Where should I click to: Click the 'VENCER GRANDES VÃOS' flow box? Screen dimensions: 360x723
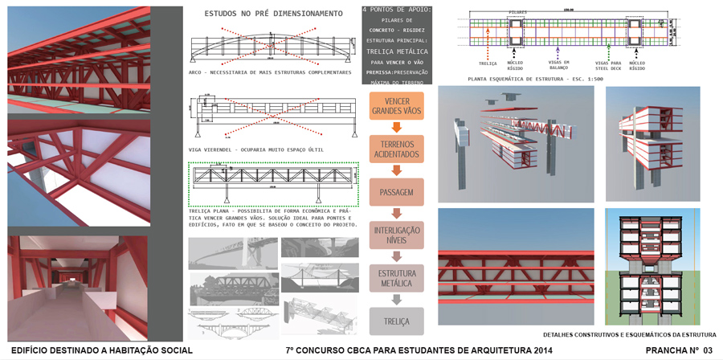pyautogui.click(x=397, y=106)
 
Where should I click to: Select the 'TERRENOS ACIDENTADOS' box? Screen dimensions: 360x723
pyautogui.click(x=397, y=149)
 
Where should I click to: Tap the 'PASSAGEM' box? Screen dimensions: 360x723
pyautogui.click(x=397, y=192)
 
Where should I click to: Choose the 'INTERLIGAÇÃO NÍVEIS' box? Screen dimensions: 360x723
pyautogui.click(x=397, y=235)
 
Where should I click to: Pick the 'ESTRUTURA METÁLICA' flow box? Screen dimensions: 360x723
pyautogui.click(x=397, y=278)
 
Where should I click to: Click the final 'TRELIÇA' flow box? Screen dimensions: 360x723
pyautogui.click(x=397, y=321)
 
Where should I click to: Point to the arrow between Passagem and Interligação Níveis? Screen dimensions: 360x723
pyautogui.click(x=397, y=213)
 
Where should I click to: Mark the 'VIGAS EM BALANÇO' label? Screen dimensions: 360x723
pyautogui.click(x=560, y=64)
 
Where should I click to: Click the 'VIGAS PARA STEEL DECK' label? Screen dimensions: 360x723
pyautogui.click(x=608, y=64)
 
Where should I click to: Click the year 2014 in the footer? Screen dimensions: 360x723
pyautogui.click(x=541, y=351)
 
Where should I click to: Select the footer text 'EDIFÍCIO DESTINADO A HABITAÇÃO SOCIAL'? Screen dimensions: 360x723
pyautogui.click(x=102, y=351)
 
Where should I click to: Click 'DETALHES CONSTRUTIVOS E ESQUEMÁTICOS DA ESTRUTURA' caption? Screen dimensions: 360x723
pyautogui.click(x=629, y=334)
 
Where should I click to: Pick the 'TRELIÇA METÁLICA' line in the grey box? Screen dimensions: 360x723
pyautogui.click(x=397, y=50)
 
